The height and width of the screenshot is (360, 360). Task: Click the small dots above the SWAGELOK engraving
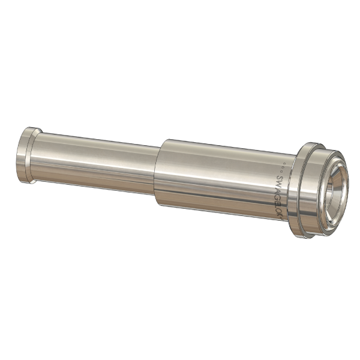(x=282, y=167)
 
